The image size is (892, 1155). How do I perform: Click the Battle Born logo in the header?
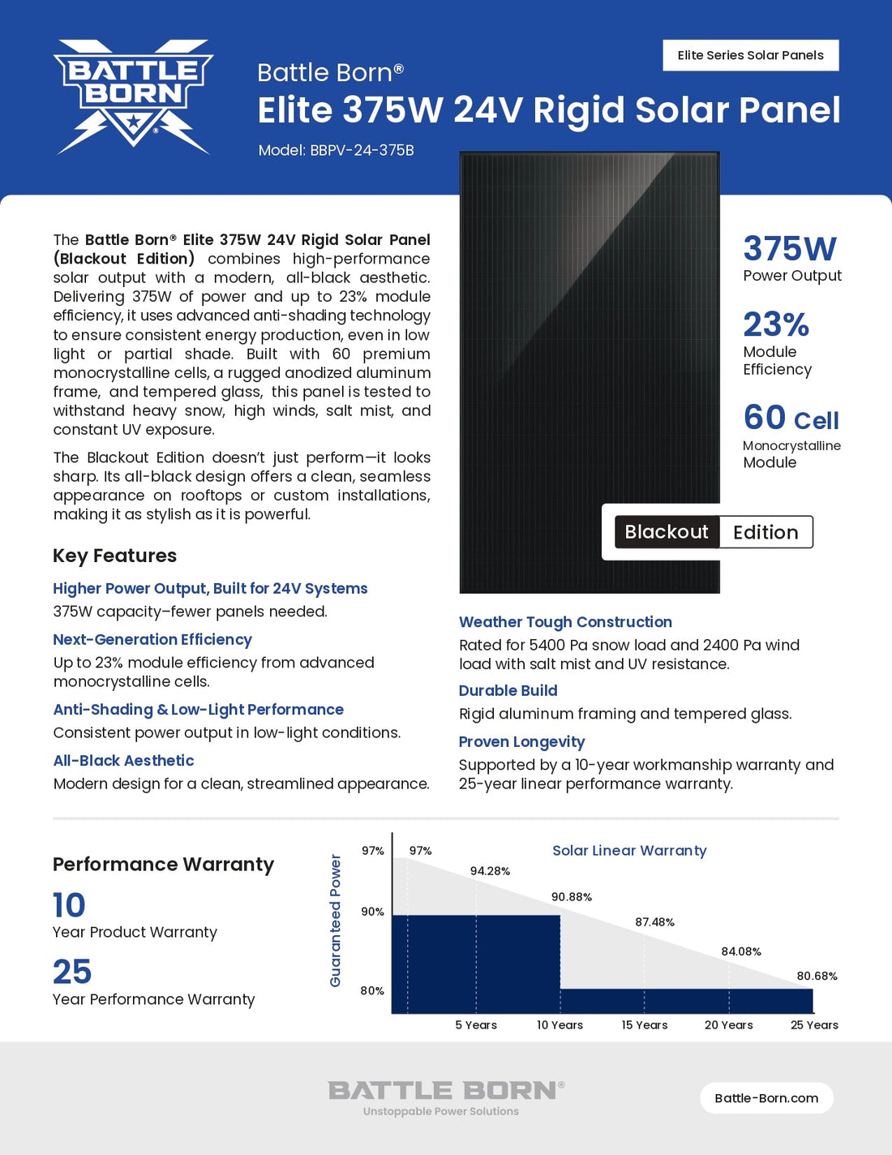133,96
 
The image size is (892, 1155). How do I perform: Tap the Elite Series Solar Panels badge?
750,55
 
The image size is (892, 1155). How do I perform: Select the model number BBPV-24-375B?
362,150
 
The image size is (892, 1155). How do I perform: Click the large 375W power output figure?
789,248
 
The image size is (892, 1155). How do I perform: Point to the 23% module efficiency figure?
775,324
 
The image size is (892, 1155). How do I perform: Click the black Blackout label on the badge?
667,532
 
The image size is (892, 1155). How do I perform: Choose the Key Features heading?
114,556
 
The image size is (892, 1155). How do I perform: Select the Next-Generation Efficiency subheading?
152,639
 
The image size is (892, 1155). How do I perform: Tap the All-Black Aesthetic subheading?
123,760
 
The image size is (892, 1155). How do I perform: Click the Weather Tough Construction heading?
565,622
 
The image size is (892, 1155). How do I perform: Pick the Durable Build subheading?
508,690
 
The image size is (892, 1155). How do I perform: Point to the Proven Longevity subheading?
521,741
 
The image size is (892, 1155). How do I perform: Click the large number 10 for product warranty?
69,905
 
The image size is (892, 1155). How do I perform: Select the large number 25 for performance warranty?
72,972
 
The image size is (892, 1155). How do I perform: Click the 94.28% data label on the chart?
490,871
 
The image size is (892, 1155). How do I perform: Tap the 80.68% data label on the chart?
817,976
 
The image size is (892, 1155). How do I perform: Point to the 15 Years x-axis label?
645,1025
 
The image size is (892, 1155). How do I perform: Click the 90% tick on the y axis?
372,912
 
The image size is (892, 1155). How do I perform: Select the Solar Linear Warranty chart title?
629,850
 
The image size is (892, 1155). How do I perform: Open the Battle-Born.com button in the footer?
766,1098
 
